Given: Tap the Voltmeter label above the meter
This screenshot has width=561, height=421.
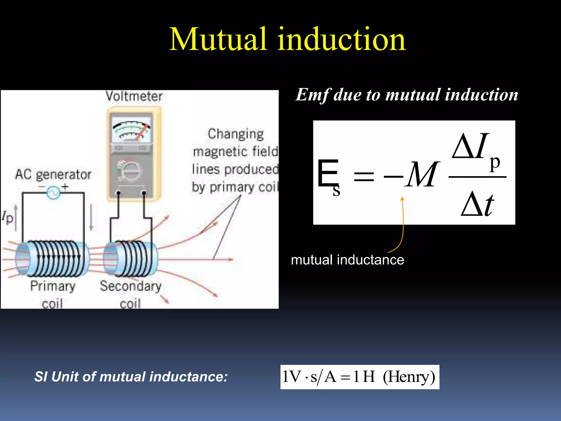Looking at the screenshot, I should [x=134, y=96].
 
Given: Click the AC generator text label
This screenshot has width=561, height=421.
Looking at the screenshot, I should [x=53, y=174].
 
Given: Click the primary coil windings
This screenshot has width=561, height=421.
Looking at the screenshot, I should [x=58, y=258].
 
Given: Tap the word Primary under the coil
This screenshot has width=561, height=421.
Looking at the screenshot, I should [x=53, y=286].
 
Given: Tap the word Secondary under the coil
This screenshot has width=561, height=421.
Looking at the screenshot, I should [x=130, y=286].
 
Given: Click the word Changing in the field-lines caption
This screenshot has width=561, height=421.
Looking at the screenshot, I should [x=236, y=134].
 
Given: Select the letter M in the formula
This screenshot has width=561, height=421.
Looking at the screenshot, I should [x=422, y=175].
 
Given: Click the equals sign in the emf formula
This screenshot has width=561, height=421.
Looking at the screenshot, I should [x=364, y=176].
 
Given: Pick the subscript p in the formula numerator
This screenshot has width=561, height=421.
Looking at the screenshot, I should [x=495, y=163].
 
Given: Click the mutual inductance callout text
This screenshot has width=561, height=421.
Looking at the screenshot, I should [x=347, y=260].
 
